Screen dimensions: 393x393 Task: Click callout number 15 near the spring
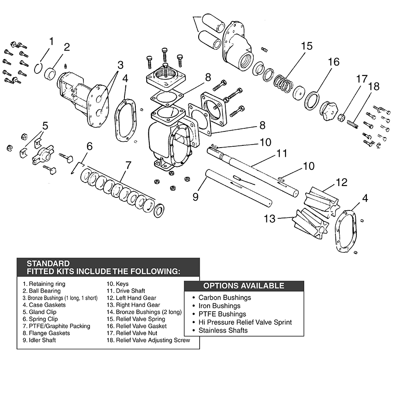tap(307, 46)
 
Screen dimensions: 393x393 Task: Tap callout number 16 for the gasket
tap(333, 62)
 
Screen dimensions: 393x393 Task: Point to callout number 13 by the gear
tap(270, 218)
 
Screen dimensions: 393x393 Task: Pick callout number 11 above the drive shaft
tap(282, 153)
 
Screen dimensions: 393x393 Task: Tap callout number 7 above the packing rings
tap(128, 165)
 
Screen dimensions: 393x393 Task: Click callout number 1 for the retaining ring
tap(51, 42)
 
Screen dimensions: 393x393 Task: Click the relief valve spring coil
tap(283, 83)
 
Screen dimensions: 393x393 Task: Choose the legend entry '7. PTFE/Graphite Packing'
tap(56, 326)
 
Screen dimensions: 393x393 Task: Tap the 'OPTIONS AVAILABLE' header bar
tap(244, 286)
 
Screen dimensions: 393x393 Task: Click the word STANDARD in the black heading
tap(48, 263)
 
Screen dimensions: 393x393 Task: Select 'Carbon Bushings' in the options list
tap(224, 298)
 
